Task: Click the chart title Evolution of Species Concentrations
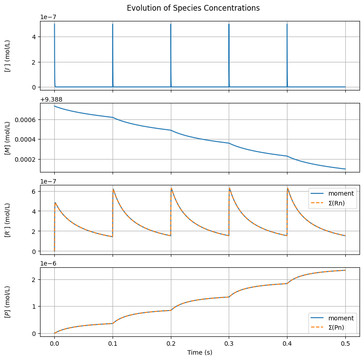click(193, 8)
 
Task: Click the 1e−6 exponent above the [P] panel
click(49, 263)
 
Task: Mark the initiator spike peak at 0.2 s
click(171, 24)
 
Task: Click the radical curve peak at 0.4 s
click(287, 188)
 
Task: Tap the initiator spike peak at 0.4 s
click(287, 24)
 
